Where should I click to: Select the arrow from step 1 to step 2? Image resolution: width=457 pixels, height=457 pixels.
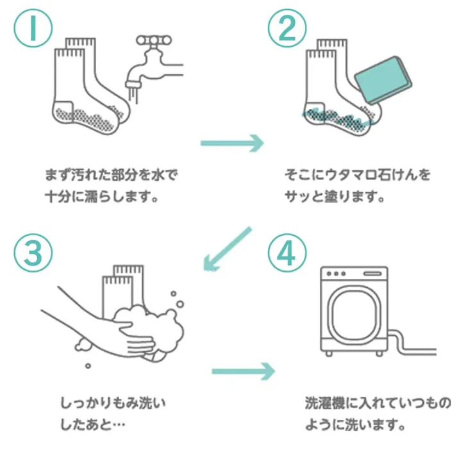(233, 143)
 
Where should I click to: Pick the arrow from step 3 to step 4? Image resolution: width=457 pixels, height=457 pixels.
(243, 370)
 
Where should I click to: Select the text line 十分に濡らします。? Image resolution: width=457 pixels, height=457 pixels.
(102, 196)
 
